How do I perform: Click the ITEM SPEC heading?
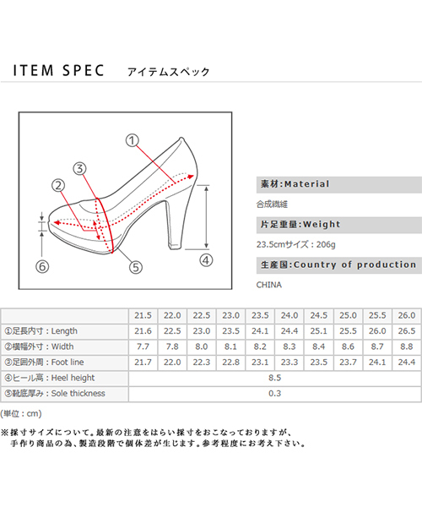[x=58, y=70]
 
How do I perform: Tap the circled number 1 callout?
[x=132, y=140]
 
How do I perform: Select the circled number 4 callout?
[x=206, y=260]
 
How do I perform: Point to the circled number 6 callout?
[x=42, y=267]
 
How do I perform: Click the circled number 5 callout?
[x=136, y=267]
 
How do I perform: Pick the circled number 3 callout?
[x=79, y=168]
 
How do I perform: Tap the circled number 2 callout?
[x=58, y=186]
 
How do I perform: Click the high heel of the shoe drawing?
[x=176, y=223]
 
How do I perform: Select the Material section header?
[x=339, y=184]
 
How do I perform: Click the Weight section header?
[x=339, y=225]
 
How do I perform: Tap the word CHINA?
[x=269, y=285]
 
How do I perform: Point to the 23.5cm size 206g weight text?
[x=296, y=244]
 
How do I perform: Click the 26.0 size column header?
[x=407, y=315]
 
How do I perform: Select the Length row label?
[x=41, y=331]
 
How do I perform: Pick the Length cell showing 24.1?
[x=260, y=331]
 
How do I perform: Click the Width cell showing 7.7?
[x=143, y=346]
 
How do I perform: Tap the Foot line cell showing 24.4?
[x=407, y=363]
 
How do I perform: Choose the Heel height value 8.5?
[x=275, y=378]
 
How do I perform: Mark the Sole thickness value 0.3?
[x=275, y=394]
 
